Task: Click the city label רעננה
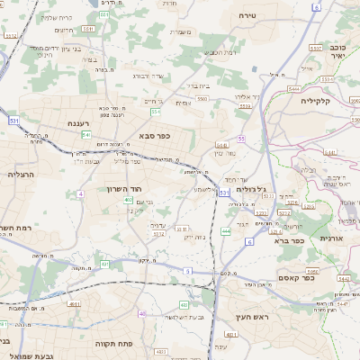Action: pos(76,123)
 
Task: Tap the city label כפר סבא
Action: pos(155,137)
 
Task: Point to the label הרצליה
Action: pos(20,173)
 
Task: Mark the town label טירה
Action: pos(249,16)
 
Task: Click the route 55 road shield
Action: pos(241,138)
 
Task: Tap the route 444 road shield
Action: pos(226,231)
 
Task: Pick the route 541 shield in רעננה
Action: pos(86,135)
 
